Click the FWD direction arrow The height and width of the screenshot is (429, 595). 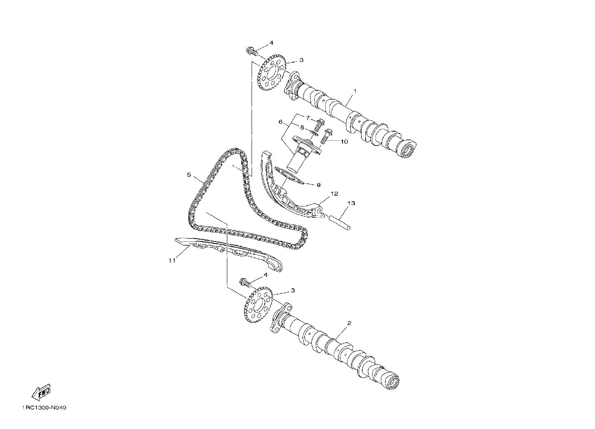pos(41,392)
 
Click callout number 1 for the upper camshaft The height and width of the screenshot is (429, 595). pos(355,91)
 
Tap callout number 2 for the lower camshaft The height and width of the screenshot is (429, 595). pos(349,323)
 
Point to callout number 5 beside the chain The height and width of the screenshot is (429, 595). pos(189,174)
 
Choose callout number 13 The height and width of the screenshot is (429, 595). pos(351,203)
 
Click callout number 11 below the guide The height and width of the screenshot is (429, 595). pos(172,260)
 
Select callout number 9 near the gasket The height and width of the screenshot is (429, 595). pos(319,185)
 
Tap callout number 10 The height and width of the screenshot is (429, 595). pos(344,141)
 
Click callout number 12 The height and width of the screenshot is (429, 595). pos(334,194)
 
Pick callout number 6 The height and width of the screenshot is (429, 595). pos(280,122)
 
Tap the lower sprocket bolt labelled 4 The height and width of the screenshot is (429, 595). pos(246,283)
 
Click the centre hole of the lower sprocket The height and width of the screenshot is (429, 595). pos(258,305)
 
